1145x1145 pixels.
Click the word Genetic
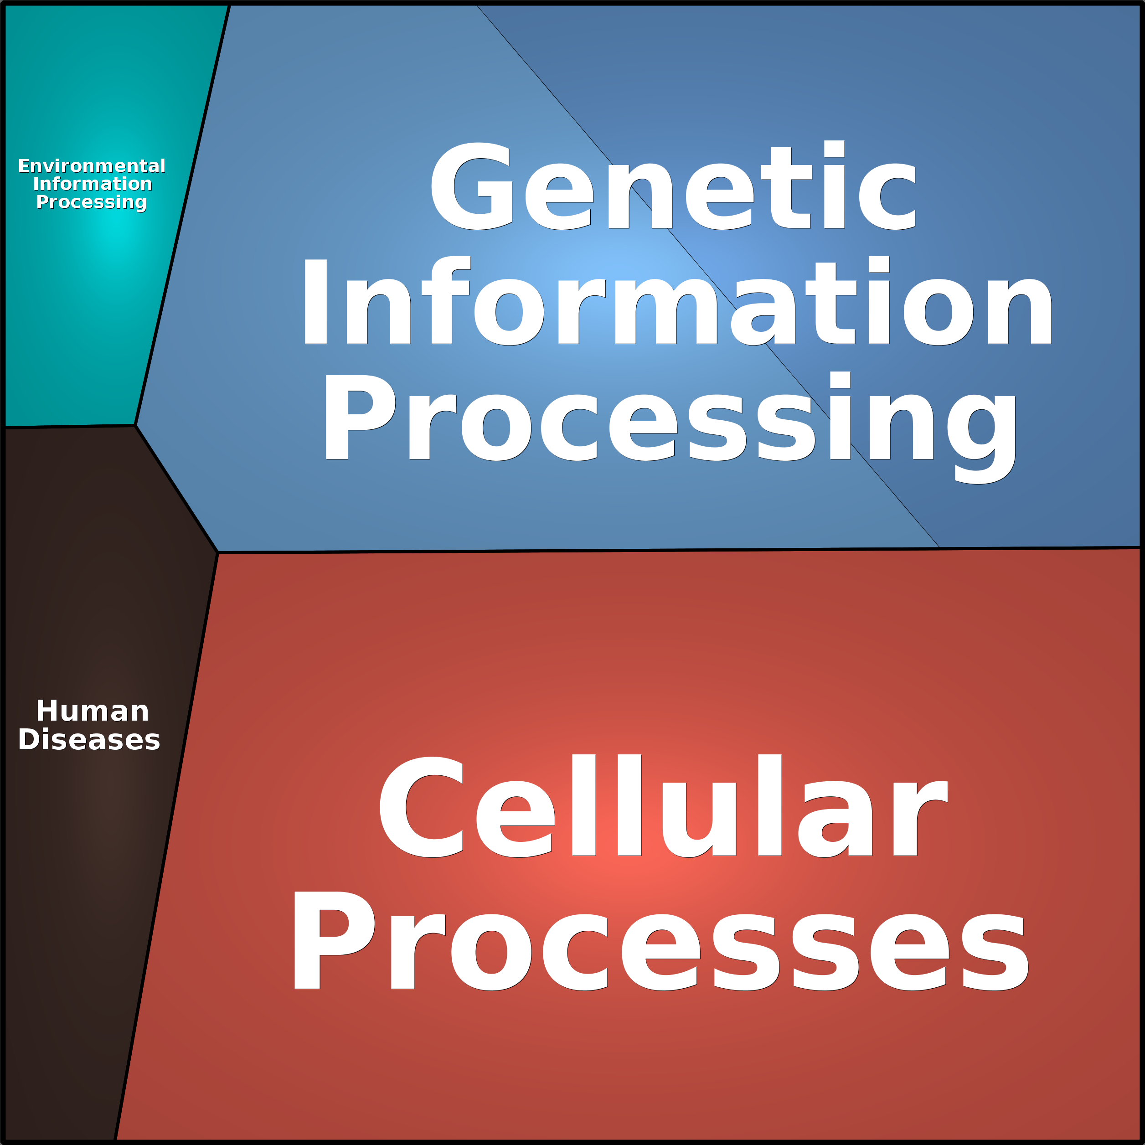tap(674, 186)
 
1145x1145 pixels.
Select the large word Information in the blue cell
tap(677, 300)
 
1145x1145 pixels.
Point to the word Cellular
tap(663, 805)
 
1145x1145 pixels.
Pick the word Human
tap(93, 711)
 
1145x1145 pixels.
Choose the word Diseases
tap(89, 740)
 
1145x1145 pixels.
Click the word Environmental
tap(92, 166)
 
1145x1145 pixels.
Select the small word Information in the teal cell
tap(93, 184)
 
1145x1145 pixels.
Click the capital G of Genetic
tap(472, 186)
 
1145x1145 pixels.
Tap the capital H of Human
tap(49, 711)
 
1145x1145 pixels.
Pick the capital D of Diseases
tap(30, 740)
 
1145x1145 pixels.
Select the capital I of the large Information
tap(315, 302)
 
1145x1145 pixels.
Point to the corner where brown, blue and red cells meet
tap(217, 552)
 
